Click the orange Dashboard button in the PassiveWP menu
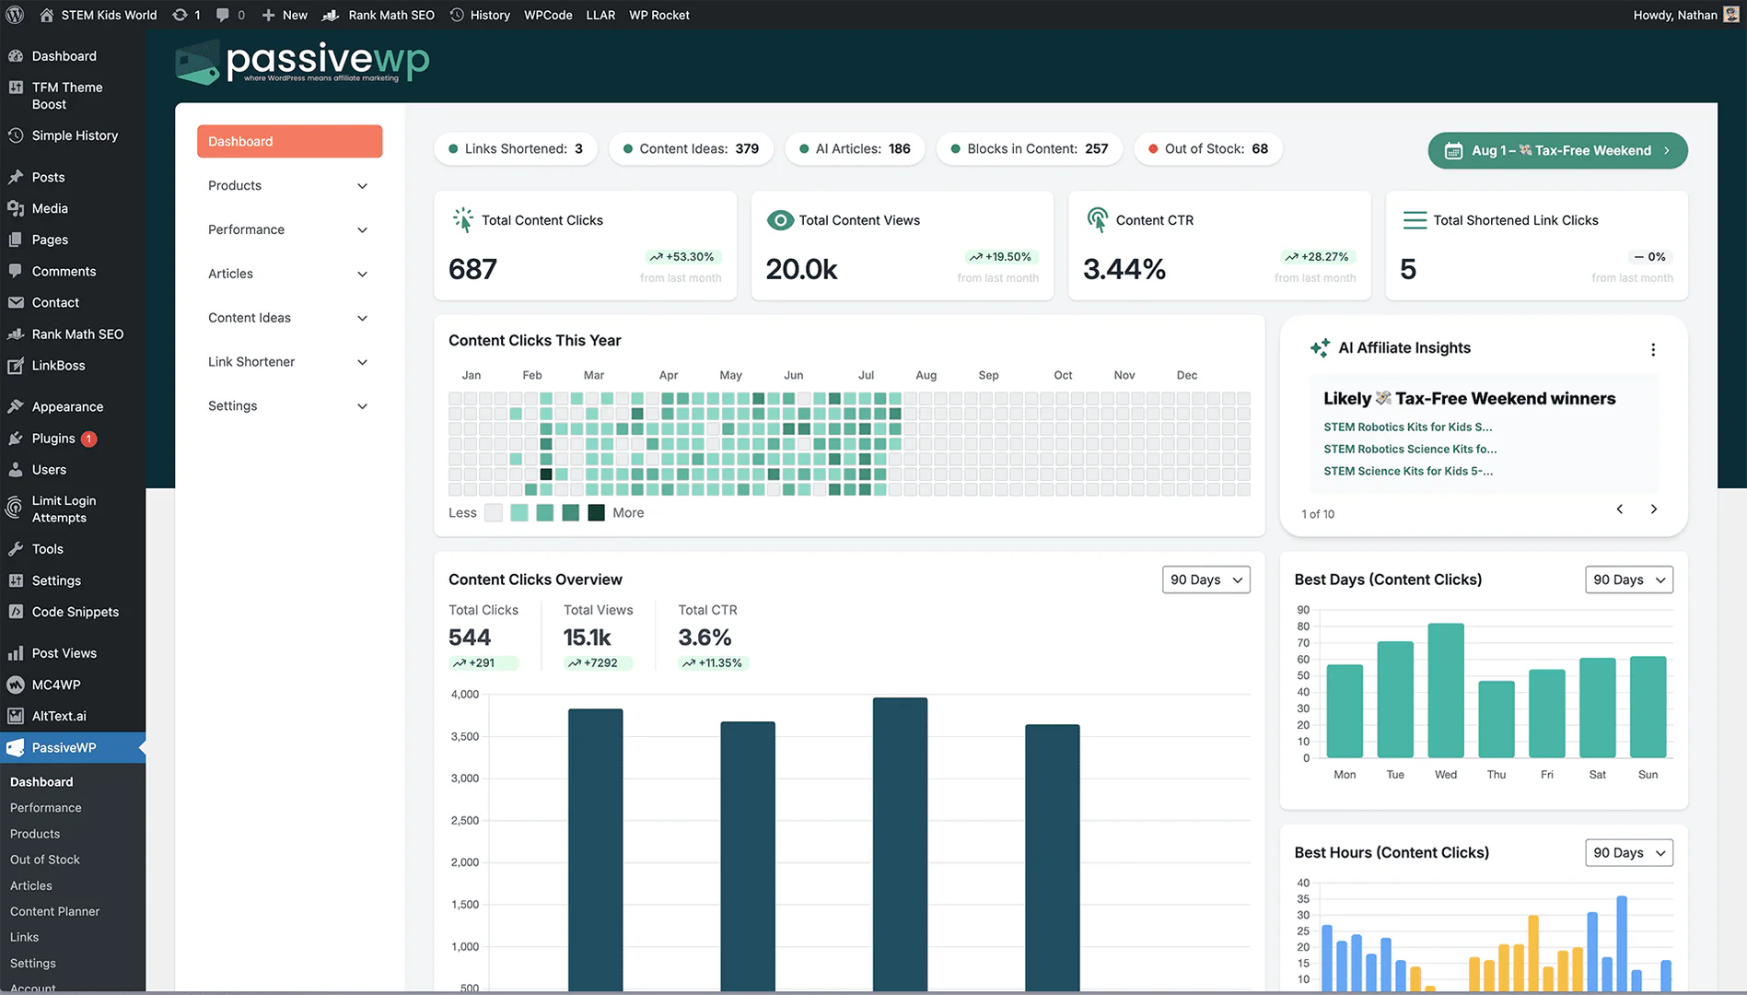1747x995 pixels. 289,141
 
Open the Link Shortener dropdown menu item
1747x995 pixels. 287,362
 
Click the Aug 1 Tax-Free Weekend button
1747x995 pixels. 1556,150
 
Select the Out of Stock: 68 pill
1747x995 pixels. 1207,148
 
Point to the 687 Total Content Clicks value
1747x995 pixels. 472,269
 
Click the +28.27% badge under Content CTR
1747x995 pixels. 1316,257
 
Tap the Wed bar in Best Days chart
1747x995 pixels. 1445,690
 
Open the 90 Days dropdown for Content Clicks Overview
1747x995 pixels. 1205,579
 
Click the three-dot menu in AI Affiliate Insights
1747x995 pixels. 1653,349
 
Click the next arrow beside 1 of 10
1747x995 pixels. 1653,509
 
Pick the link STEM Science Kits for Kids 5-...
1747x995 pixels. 1407,471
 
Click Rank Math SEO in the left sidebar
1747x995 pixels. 77,334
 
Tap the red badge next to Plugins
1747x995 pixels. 89,439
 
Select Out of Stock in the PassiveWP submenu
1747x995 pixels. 45,860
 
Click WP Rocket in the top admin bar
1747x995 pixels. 658,15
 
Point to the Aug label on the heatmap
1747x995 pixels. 926,375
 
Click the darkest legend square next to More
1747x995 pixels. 596,513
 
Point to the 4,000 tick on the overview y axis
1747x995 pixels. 465,695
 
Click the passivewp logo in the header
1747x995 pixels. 302,63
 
